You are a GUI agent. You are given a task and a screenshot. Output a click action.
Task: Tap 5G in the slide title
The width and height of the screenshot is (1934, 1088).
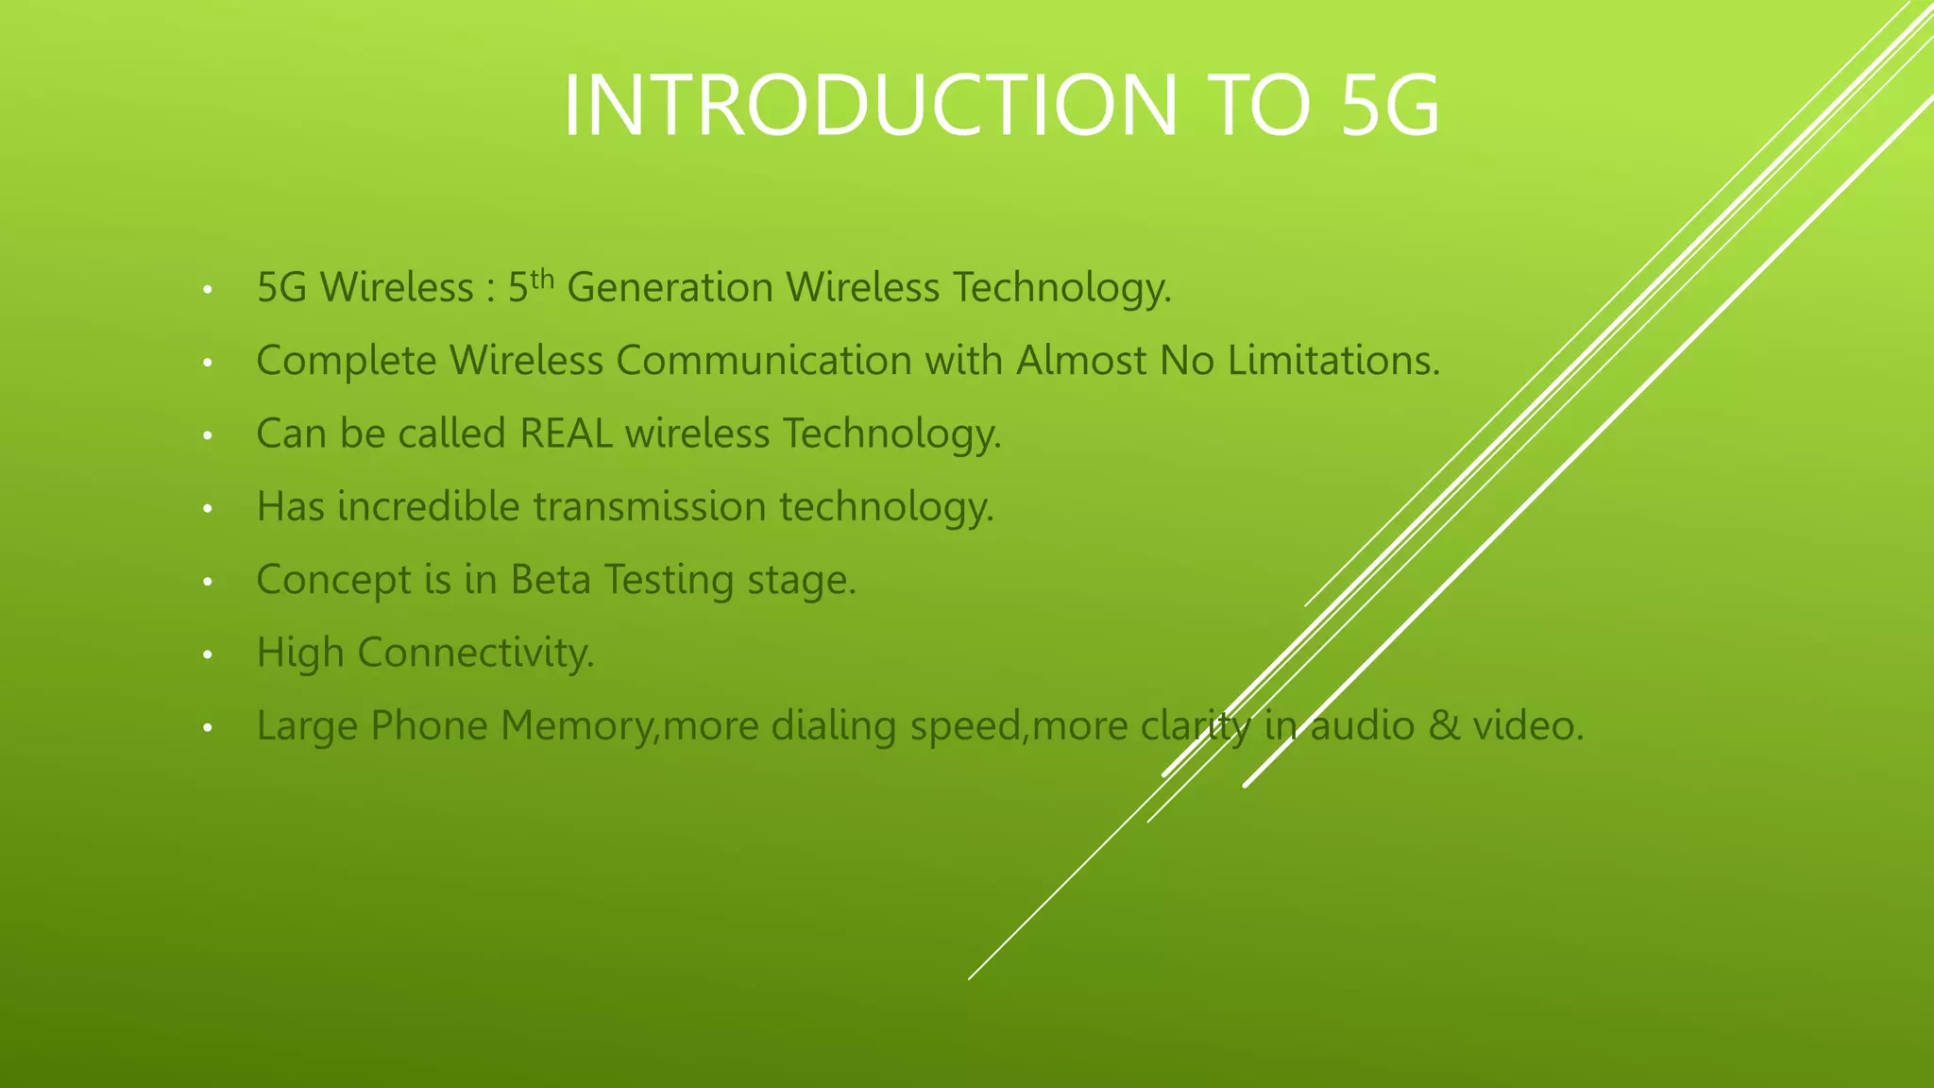(1390, 106)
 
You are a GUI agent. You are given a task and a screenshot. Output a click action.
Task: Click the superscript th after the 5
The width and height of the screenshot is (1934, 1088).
(541, 279)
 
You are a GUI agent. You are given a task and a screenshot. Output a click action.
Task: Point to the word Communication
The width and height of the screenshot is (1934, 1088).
(764, 360)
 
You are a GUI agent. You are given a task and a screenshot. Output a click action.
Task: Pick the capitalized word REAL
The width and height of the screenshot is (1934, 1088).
(566, 433)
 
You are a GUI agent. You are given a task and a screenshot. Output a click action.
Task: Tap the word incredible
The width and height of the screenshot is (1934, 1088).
(429, 506)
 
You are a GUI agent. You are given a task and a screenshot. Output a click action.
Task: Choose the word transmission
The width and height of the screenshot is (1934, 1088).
(650, 506)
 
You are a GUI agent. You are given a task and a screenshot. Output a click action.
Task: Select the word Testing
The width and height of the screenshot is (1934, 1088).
(669, 580)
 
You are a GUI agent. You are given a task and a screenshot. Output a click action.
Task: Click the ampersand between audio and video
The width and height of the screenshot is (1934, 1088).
(1444, 725)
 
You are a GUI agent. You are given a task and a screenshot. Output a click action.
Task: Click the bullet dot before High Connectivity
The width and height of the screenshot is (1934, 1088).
(208, 654)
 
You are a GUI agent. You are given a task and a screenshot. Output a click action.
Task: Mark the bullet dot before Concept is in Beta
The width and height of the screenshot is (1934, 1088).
(208, 582)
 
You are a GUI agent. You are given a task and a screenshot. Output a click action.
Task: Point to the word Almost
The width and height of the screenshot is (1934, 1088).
(1081, 360)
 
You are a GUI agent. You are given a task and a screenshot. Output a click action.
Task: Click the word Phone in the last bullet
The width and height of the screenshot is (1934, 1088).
(429, 725)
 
